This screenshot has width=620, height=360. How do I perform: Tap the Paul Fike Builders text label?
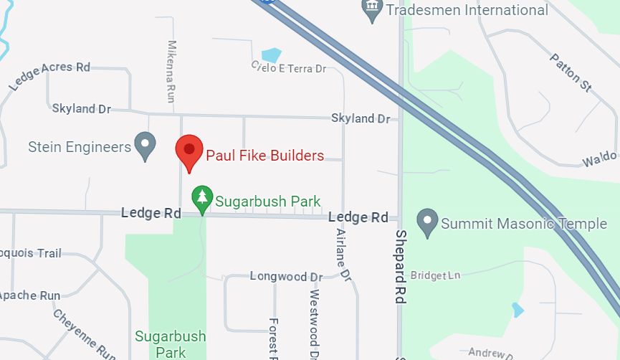(264, 155)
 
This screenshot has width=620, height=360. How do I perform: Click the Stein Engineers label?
(80, 147)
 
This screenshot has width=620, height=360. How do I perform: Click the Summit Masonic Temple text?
(523, 224)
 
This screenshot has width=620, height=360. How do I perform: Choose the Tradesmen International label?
(467, 10)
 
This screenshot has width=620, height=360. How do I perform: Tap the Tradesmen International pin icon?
(372, 10)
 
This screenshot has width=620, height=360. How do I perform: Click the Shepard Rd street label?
(401, 266)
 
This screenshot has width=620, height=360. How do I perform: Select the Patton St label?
(571, 72)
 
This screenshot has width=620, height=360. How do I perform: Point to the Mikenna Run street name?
(171, 71)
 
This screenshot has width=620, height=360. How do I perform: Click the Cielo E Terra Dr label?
(288, 67)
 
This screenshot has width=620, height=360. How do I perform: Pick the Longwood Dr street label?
(286, 276)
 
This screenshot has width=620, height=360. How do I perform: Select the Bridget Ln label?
(438, 275)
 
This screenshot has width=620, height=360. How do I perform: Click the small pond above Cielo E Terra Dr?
(272, 55)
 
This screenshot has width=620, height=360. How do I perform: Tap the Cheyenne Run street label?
(83, 333)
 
